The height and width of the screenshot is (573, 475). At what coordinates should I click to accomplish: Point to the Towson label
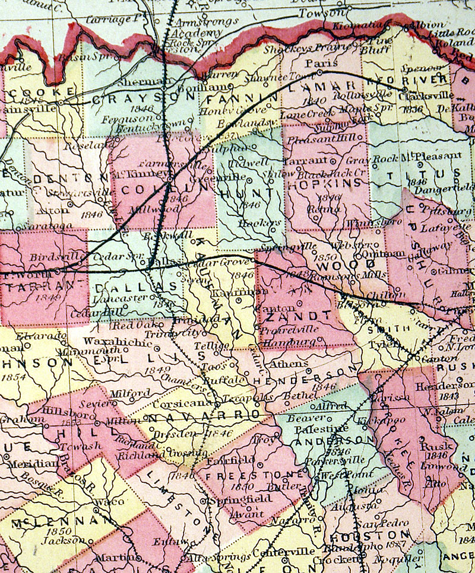[x=321, y=12]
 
